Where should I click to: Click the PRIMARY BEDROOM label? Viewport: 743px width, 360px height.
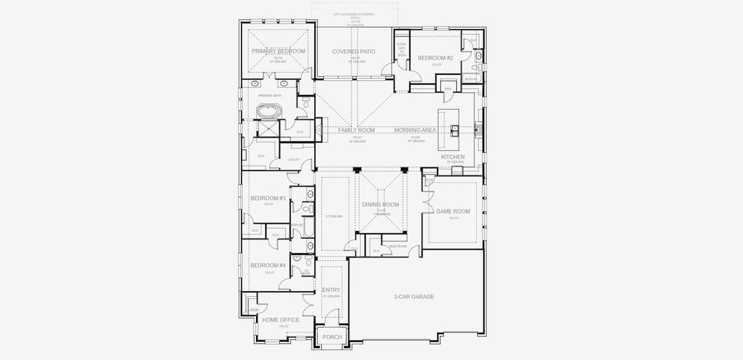tap(278, 52)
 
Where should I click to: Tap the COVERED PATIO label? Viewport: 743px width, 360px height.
tap(354, 52)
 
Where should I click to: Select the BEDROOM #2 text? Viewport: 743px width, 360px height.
tap(435, 58)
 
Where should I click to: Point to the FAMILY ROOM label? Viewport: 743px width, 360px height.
tap(356, 130)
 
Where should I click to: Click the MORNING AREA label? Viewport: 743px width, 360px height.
tap(415, 130)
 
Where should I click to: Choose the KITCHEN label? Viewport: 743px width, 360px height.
tap(453, 157)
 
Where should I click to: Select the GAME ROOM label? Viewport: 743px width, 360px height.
tap(453, 211)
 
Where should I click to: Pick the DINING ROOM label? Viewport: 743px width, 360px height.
tap(380, 205)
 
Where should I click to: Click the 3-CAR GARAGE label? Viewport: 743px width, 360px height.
tap(414, 297)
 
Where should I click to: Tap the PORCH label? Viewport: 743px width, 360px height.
tap(332, 337)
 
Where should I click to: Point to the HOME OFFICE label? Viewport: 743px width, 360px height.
tap(281, 320)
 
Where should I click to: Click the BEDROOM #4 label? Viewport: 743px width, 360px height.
tap(268, 265)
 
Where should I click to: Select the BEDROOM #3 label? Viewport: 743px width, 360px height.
tap(268, 199)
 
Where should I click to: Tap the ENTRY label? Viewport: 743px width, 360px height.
tap(331, 290)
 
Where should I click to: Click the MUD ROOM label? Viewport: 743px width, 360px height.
tap(398, 247)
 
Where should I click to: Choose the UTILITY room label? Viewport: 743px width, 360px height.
tap(293, 160)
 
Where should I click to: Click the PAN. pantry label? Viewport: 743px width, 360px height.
tap(447, 89)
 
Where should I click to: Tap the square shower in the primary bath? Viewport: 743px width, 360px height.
tap(268, 129)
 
